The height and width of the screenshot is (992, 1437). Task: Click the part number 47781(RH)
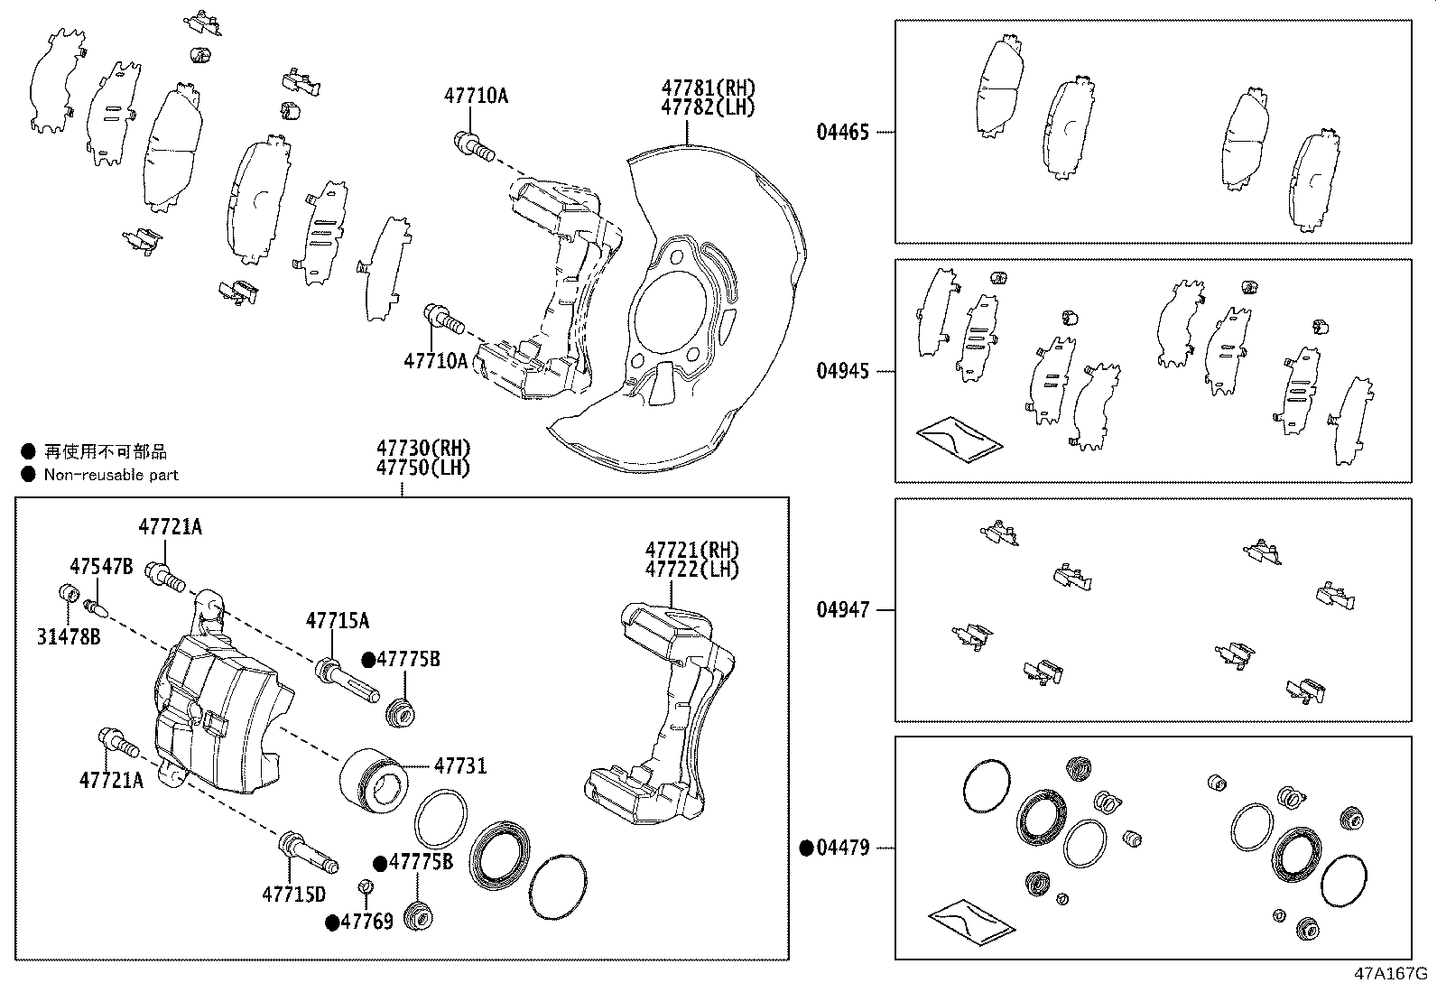click(x=708, y=88)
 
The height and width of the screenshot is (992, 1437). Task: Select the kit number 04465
click(x=842, y=133)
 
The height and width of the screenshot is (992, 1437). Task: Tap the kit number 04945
click(x=842, y=372)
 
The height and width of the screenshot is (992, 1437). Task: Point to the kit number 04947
click(x=842, y=610)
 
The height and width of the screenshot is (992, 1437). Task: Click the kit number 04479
click(x=842, y=848)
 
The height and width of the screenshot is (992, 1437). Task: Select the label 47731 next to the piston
click(x=460, y=766)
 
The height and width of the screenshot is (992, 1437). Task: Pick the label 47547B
click(x=101, y=567)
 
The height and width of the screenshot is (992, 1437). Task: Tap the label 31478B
click(x=69, y=637)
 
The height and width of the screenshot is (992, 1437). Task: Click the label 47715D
click(x=293, y=895)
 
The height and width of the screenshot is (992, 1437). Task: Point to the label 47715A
click(x=337, y=621)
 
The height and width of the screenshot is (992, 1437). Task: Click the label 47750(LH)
click(x=423, y=468)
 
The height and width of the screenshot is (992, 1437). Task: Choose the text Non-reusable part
click(x=111, y=475)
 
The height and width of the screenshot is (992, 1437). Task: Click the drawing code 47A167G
click(x=1391, y=974)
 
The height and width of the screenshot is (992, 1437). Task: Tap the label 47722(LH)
click(x=691, y=570)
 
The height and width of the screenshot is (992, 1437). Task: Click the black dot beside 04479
click(x=807, y=848)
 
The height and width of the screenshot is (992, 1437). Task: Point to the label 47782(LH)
click(x=708, y=107)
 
